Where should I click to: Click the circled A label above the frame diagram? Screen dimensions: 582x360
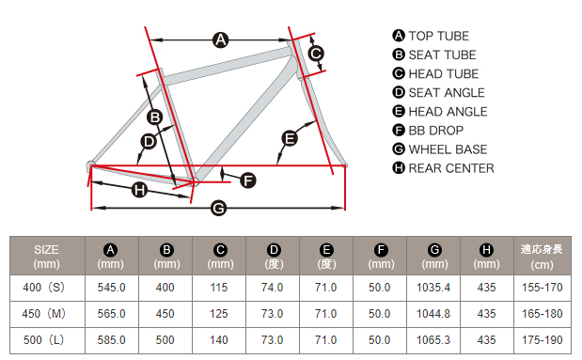pyautogui.click(x=220, y=39)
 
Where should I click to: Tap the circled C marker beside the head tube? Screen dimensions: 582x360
pyautogui.click(x=316, y=54)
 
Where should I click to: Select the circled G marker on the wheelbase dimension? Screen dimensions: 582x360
pyautogui.click(x=219, y=208)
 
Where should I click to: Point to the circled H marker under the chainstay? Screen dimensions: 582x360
pyautogui.click(x=139, y=190)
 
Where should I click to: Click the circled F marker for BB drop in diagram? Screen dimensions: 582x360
pyautogui.click(x=248, y=180)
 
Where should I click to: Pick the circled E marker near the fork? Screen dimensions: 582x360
pyautogui.click(x=290, y=138)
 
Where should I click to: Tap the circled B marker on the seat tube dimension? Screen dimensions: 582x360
pyautogui.click(x=155, y=117)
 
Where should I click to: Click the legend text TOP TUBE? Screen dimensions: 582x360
pyautogui.click(x=439, y=36)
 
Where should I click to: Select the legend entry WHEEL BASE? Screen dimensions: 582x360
pyautogui.click(x=448, y=149)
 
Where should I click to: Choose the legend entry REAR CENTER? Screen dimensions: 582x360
pyautogui.click(x=451, y=168)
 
